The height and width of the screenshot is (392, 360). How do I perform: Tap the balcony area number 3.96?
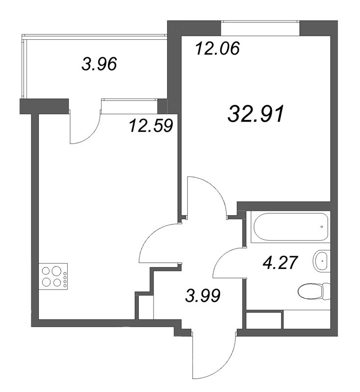click(x=100, y=64)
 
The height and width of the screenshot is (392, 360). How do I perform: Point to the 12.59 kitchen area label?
click(x=151, y=125)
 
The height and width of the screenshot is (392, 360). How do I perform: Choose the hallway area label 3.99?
click(x=203, y=295)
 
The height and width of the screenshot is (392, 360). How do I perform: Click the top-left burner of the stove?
click(x=47, y=270)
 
